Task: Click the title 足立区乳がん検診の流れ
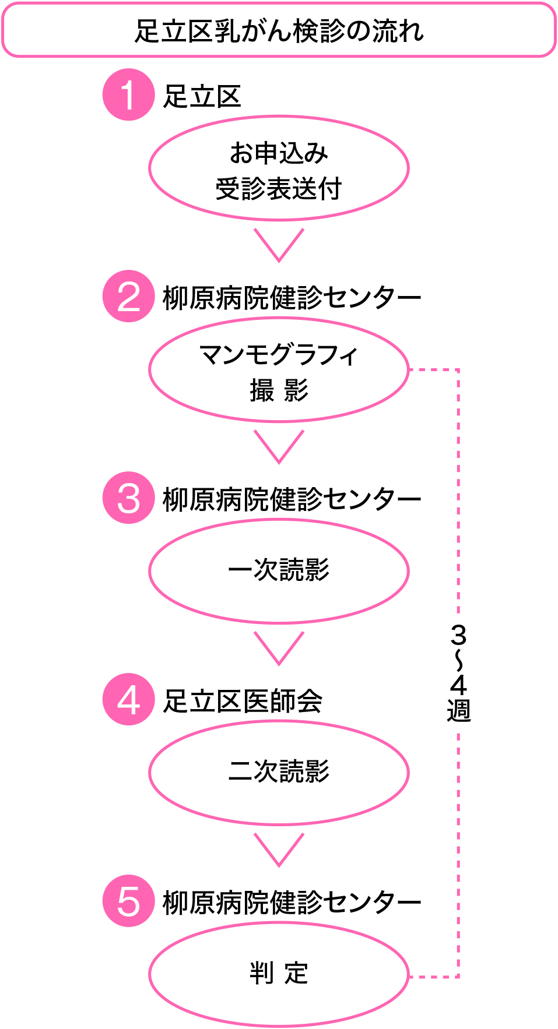pyautogui.click(x=279, y=31)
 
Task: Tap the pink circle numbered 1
pyautogui.click(x=128, y=95)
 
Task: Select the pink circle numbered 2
pyautogui.click(x=128, y=297)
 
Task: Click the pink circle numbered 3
pyautogui.click(x=128, y=498)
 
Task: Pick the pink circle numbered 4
pyautogui.click(x=128, y=700)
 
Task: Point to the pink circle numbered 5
pyautogui.click(x=128, y=901)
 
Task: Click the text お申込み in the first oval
pyautogui.click(x=279, y=153)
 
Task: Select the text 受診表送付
pyautogui.click(x=279, y=189)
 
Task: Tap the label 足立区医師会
pyautogui.click(x=243, y=701)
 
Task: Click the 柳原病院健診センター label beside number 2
pyautogui.click(x=292, y=298)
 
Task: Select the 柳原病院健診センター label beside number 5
pyautogui.click(x=292, y=903)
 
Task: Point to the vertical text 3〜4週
pyautogui.click(x=459, y=673)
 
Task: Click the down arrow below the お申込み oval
pyautogui.click(x=279, y=245)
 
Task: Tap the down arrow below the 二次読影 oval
pyautogui.click(x=279, y=850)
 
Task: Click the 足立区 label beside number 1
pyautogui.click(x=202, y=96)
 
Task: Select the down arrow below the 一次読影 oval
pyautogui.click(x=279, y=648)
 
